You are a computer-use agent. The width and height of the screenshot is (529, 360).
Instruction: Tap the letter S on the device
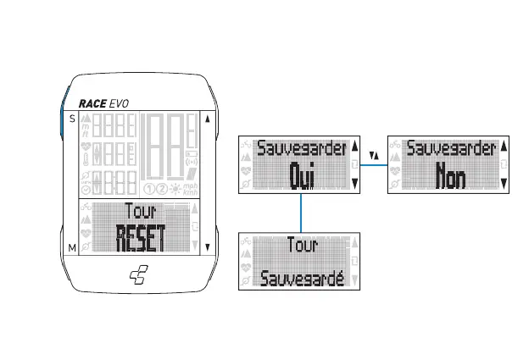pos(72,119)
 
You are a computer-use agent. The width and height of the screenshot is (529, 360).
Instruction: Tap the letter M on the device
pos(72,246)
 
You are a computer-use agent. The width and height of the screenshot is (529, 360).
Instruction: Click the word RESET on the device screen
pos(140,239)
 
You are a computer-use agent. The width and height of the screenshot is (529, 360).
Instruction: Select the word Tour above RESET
pos(140,212)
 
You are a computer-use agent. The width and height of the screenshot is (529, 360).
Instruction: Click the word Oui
pos(302,176)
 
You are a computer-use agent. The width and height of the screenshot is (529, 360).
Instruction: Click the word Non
pos(450,176)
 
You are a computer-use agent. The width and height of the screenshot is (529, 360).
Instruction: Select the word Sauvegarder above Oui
pos(302,149)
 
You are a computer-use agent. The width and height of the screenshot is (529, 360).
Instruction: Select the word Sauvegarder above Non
pos(451,149)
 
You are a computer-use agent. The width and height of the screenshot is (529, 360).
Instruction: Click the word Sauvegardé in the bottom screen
pos(302,277)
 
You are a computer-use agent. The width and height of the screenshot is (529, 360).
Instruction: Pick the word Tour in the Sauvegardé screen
pos(302,246)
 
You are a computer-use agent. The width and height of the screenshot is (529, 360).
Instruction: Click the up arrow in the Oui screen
pos(355,145)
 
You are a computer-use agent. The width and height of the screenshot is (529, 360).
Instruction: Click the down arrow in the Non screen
pos(504,181)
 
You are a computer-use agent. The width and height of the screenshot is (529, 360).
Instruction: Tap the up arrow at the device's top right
pos(206,119)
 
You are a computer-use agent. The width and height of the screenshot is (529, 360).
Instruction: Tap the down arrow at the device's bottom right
pos(206,247)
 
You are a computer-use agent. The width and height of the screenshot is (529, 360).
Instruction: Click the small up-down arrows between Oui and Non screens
pos(375,156)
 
